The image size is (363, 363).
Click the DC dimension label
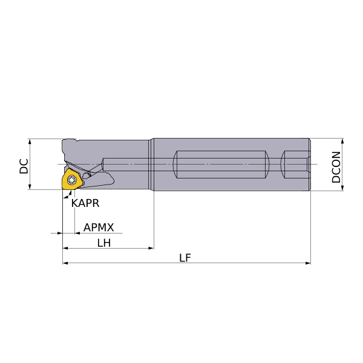24,166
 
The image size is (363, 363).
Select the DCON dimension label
336,167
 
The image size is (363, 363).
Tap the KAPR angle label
85,203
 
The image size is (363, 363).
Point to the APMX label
99,227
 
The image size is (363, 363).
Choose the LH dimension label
104,243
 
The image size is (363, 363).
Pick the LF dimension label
185,258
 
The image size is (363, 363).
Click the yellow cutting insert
71,180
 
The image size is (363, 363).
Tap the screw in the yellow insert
71,180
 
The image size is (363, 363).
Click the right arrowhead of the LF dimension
308,263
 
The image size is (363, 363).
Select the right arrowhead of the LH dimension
151,248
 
